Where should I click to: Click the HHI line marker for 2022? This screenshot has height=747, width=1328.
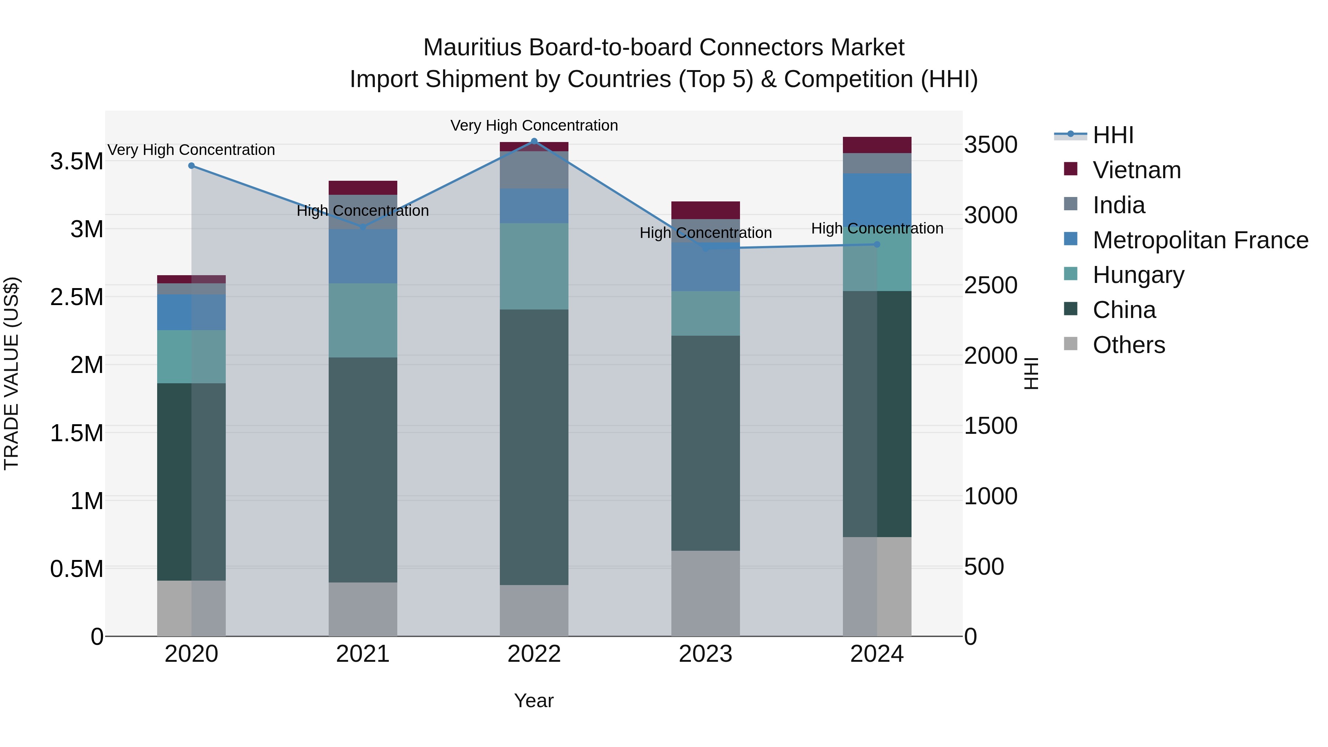pos(534,141)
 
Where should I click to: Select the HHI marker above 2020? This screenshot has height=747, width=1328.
pos(191,166)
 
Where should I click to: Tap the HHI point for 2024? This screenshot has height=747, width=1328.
pos(877,244)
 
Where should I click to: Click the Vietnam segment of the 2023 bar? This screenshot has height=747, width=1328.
pos(705,210)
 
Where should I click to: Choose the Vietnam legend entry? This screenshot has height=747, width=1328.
pos(1136,170)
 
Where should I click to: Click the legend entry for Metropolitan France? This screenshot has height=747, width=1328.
pos(1200,240)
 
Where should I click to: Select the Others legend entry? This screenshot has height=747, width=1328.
pos(1128,345)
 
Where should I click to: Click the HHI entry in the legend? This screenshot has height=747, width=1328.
pos(1113,135)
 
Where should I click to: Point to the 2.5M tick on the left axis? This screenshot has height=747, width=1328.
pos(77,297)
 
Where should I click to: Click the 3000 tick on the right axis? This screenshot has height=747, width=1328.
pos(990,215)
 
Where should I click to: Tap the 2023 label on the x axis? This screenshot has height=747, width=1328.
pos(705,654)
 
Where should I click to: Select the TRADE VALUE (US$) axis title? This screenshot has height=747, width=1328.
pos(11,373)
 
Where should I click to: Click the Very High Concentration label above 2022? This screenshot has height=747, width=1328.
pos(534,125)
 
